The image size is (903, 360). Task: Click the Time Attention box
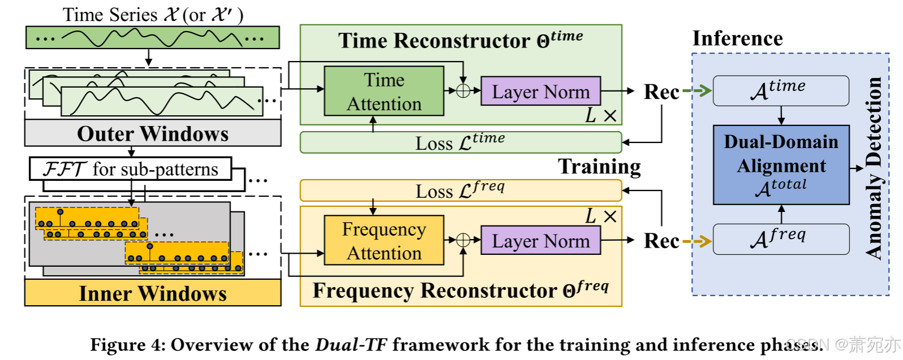tap(384, 92)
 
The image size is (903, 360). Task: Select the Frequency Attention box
tap(384, 240)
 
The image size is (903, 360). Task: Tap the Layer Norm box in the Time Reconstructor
tap(540, 92)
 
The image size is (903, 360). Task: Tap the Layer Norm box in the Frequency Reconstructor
tap(540, 241)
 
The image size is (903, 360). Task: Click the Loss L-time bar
tap(460, 142)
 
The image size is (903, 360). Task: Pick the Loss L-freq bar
tap(460, 190)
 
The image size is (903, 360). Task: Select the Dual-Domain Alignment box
tap(781, 164)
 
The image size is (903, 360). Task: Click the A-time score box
tap(780, 90)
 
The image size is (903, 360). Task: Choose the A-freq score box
tap(780, 239)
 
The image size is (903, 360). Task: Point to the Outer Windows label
tap(153, 133)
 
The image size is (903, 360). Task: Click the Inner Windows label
tap(153, 293)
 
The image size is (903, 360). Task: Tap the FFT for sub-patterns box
tap(131, 169)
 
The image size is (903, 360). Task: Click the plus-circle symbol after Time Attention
tap(463, 90)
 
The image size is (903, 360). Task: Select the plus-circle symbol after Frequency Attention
tap(463, 240)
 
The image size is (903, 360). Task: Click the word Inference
tap(737, 38)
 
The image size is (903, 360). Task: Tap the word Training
tap(599, 166)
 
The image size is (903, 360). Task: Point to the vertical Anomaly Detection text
tap(874, 168)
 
